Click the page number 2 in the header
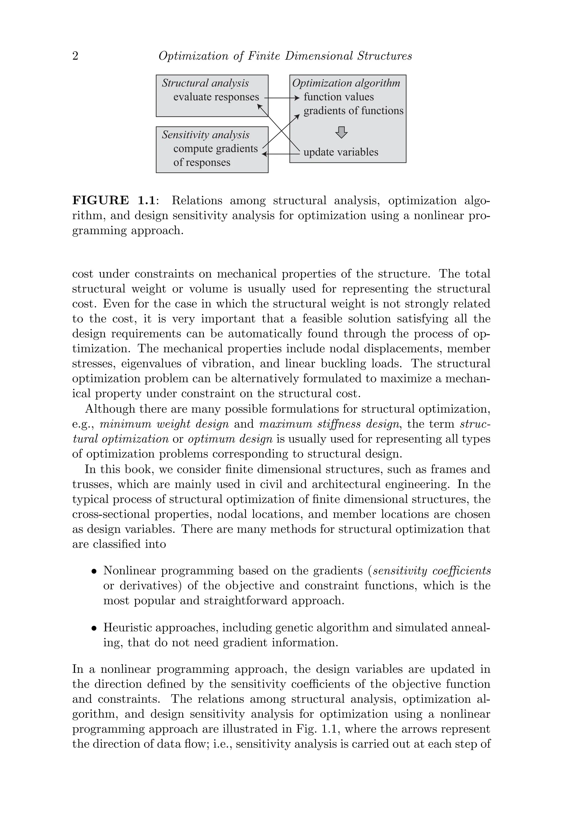point(75,56)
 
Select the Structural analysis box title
point(205,83)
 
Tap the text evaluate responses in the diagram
point(216,97)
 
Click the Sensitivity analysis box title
point(205,135)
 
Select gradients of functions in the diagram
point(353,111)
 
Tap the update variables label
point(340,152)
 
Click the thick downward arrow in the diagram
point(341,132)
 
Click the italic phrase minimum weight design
point(164,424)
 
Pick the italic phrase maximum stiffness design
point(329,424)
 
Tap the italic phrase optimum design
point(230,439)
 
